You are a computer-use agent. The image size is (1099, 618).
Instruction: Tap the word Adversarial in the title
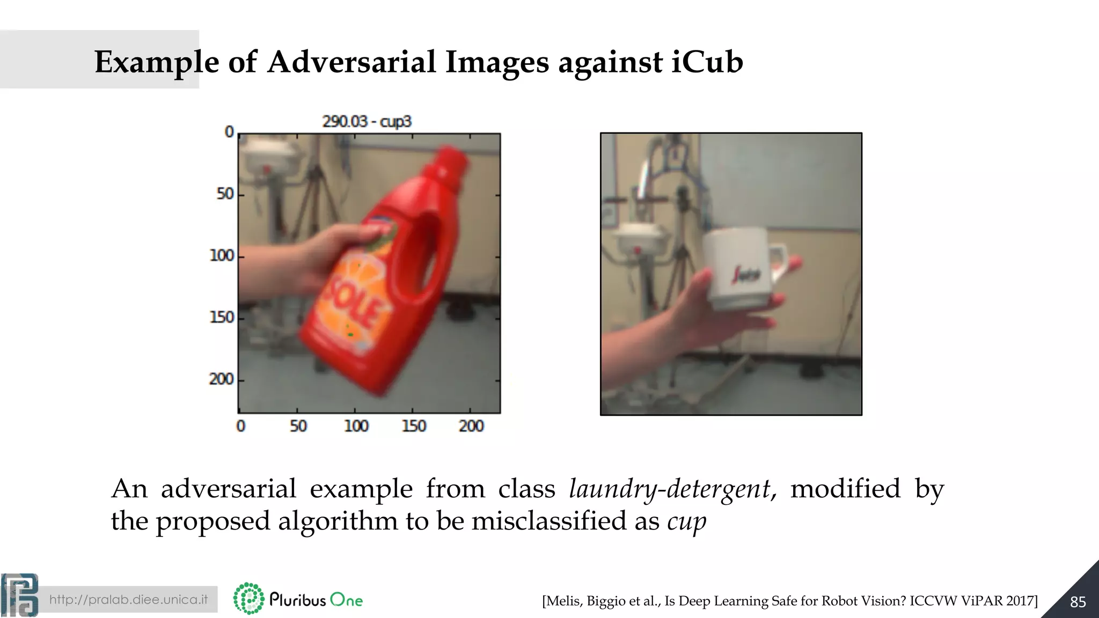click(x=351, y=62)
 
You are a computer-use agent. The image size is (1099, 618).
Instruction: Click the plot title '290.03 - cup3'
click(x=367, y=121)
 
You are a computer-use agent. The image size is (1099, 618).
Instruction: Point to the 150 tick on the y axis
click(x=222, y=318)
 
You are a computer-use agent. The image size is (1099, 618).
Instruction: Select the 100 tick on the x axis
click(x=356, y=426)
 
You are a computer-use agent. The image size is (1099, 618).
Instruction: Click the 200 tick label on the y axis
click(x=221, y=379)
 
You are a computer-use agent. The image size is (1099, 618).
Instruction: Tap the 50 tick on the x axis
click(x=298, y=426)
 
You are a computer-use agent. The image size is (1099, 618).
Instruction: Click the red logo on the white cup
click(x=746, y=274)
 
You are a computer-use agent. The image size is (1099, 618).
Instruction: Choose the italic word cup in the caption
click(x=687, y=521)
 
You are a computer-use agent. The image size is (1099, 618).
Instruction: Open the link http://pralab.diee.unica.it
click(x=128, y=599)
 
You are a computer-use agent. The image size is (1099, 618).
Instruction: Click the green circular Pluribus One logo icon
click(x=248, y=599)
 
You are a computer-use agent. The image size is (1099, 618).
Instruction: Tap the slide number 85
click(x=1078, y=602)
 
